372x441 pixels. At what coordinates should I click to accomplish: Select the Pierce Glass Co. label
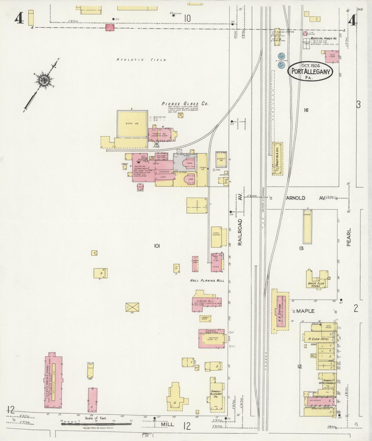pos(185,104)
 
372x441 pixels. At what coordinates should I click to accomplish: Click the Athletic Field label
pos(141,60)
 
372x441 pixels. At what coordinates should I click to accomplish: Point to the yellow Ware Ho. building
pos(132,124)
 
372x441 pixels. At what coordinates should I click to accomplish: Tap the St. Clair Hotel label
pos(318,339)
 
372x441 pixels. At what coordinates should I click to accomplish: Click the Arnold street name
pos(296,198)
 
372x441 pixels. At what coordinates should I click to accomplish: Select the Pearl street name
pos(349,237)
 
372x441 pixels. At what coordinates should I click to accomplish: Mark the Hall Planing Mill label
pos(207,280)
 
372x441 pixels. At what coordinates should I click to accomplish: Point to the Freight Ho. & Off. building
pos(278,159)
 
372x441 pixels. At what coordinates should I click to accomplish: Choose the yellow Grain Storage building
pos(216,237)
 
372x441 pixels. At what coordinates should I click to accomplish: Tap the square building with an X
pos(132,307)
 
